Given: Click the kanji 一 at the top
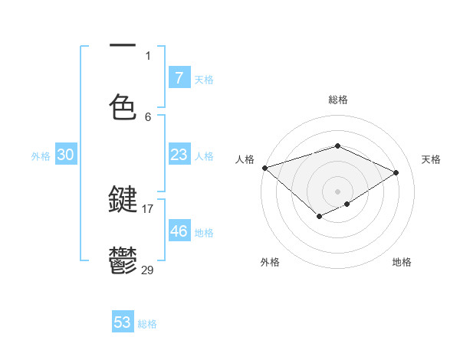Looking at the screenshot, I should click(x=123, y=47).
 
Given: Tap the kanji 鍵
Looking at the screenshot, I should click(x=123, y=200).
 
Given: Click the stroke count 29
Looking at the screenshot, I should click(x=148, y=269).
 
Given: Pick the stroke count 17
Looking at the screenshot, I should click(x=148, y=208).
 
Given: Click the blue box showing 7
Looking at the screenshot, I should click(x=179, y=77).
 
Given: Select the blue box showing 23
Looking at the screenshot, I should click(x=179, y=155).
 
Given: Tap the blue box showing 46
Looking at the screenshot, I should click(x=179, y=231).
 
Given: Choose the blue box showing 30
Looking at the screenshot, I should click(x=66, y=155).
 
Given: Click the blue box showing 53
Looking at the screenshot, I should click(x=123, y=322).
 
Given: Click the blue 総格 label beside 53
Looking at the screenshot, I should click(x=147, y=324).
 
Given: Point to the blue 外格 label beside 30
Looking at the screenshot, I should click(x=41, y=156).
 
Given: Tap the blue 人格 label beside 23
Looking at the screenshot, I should click(x=204, y=156).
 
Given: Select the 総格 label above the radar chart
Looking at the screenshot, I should click(x=337, y=100).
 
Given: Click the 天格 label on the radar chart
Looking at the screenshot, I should click(x=432, y=159).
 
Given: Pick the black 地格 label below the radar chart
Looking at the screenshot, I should click(x=402, y=262).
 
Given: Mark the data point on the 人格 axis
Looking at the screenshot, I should click(x=264, y=167).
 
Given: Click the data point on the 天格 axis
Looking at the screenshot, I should click(x=396, y=172).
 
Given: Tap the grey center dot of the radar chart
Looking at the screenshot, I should click(x=337, y=191).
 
